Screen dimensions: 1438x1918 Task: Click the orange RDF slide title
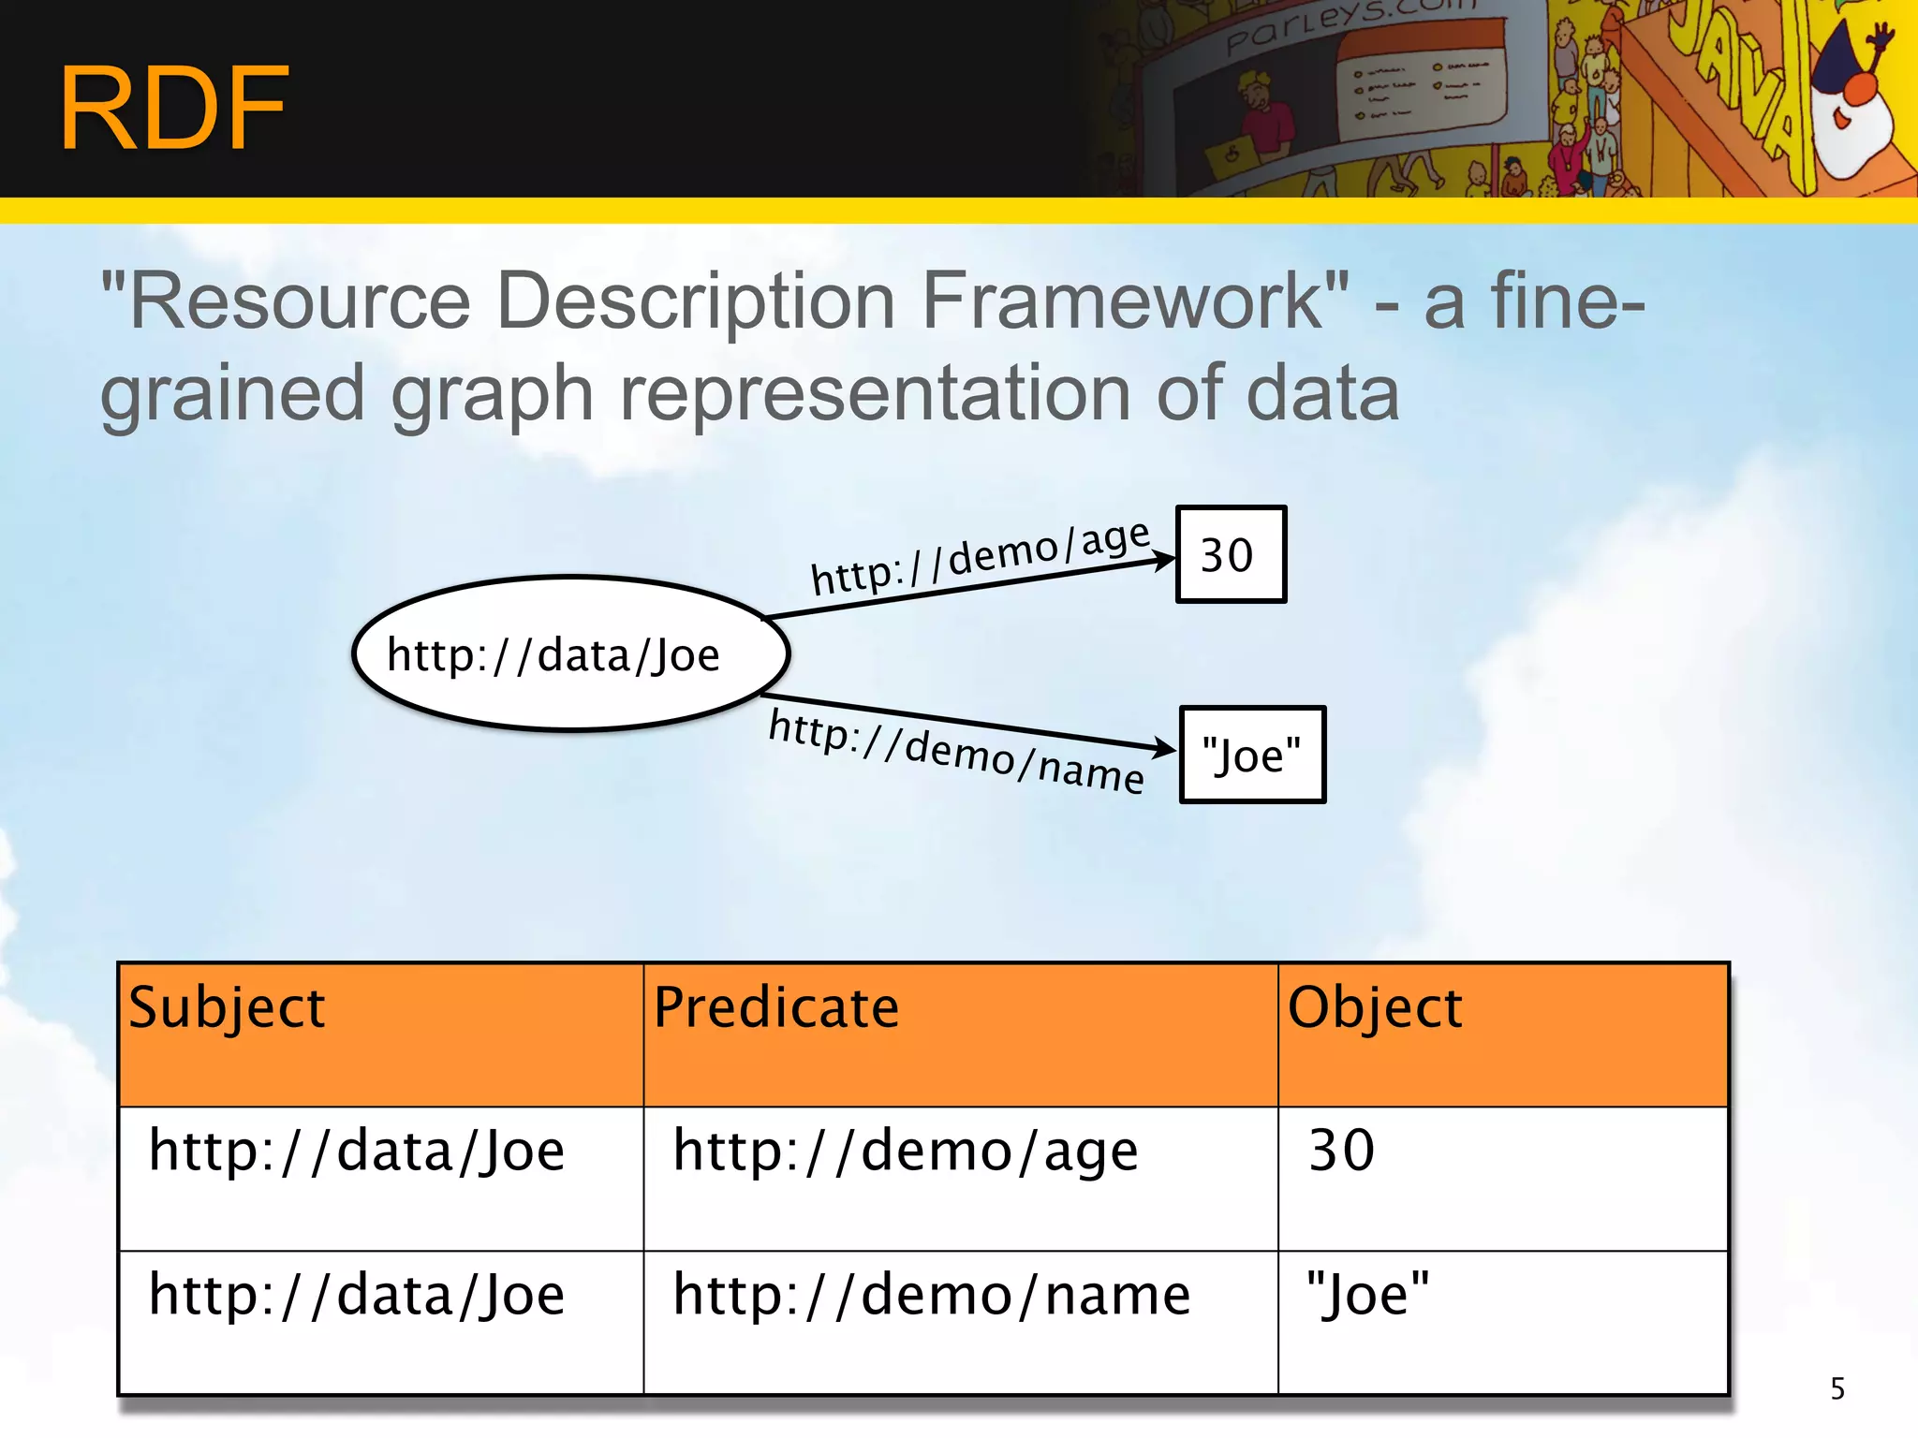click(x=174, y=108)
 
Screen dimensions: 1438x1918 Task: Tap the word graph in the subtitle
click(x=492, y=394)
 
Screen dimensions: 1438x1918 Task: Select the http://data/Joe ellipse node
click(x=571, y=653)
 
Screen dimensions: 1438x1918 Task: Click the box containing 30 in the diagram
click(x=1231, y=554)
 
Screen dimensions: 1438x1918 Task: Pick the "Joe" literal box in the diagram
click(x=1252, y=755)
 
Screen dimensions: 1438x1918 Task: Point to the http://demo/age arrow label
click(x=979, y=558)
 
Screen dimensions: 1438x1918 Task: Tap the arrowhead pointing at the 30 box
click(x=1165, y=560)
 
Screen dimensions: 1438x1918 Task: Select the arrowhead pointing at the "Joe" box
click(x=1165, y=748)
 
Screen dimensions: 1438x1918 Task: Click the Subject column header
click(x=227, y=1007)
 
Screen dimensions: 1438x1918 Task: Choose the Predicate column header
click(x=775, y=1007)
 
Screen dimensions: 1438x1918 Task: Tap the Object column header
click(x=1374, y=1007)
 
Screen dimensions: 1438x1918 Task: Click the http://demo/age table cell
click(x=905, y=1151)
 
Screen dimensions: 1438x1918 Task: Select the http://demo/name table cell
click(x=931, y=1295)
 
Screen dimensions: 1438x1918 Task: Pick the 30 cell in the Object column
click(x=1341, y=1151)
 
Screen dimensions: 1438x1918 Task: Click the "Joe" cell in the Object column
click(x=1367, y=1295)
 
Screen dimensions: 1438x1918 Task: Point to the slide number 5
click(x=1837, y=1388)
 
